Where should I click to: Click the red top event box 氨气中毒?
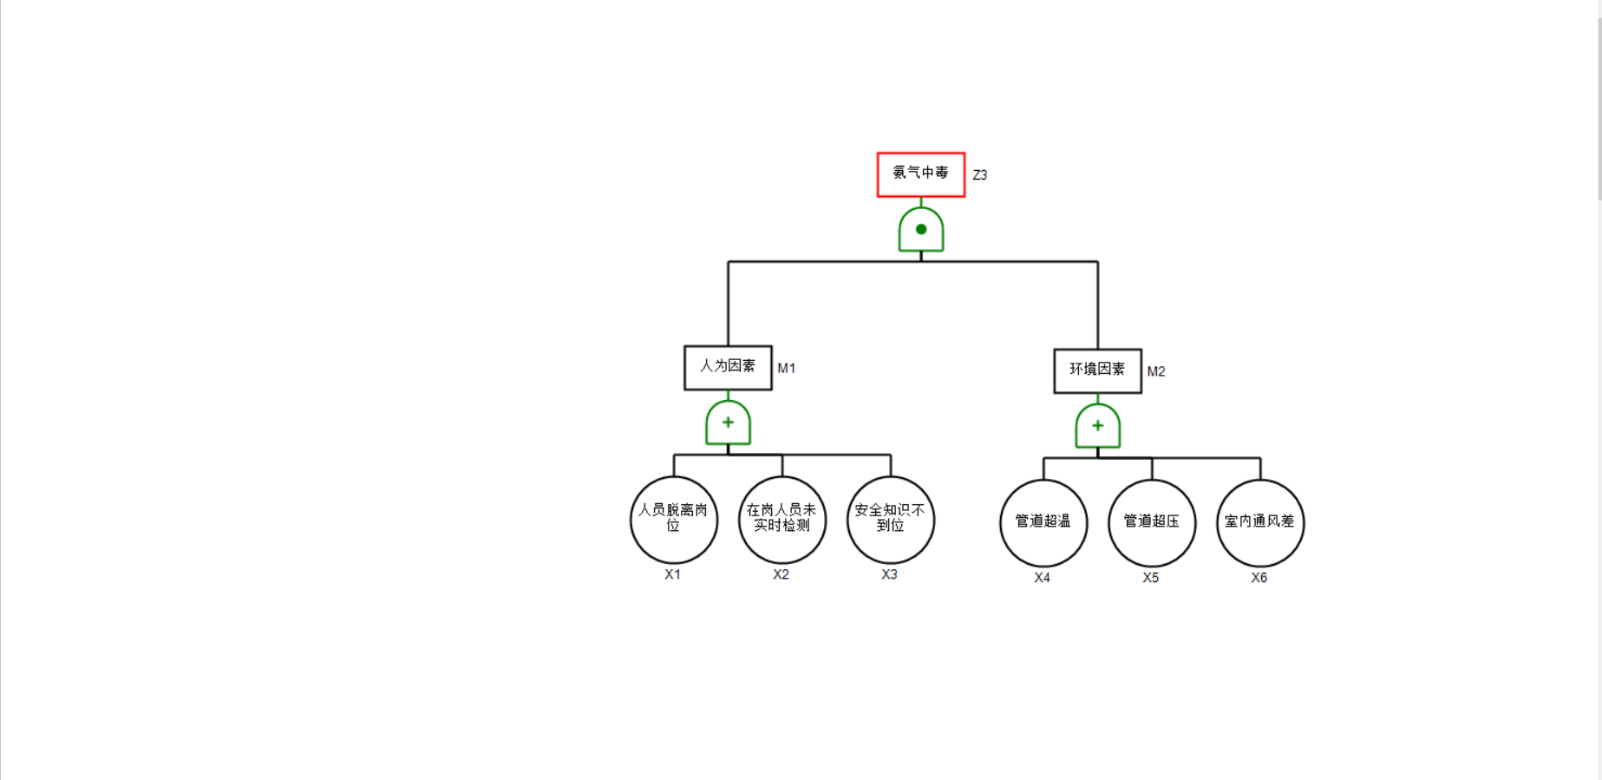920,174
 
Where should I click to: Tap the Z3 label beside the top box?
979,175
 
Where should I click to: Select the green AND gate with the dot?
921,230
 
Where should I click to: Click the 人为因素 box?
728,367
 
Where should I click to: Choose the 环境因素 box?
1097,370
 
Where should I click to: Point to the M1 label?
786,369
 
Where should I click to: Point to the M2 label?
1155,371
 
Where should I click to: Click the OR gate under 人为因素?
728,423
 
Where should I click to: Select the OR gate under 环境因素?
1097,426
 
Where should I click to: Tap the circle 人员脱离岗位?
674,520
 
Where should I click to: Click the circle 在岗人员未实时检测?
781,520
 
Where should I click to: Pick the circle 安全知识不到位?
890,520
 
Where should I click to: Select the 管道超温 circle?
1043,522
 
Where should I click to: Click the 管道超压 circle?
1152,522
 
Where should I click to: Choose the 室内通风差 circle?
1259,522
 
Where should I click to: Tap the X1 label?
672,574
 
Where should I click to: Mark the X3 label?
889,574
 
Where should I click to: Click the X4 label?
1042,578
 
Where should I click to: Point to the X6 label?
1259,578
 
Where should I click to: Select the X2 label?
781,574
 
